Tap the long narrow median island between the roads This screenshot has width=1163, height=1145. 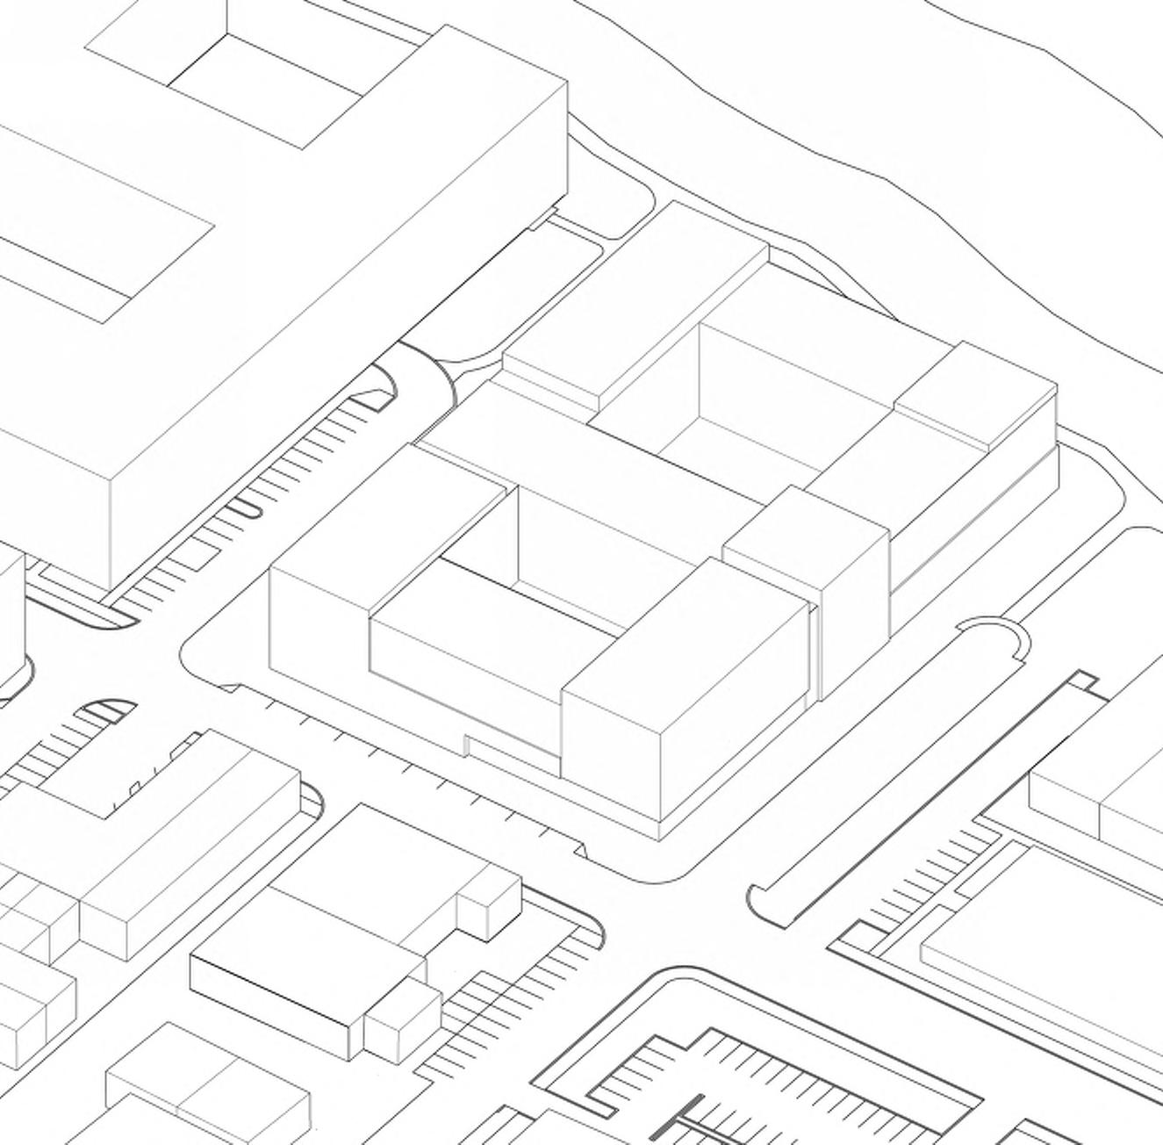(887, 773)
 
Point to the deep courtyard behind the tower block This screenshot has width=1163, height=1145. (755, 395)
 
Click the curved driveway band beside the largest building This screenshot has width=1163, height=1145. (426, 373)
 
